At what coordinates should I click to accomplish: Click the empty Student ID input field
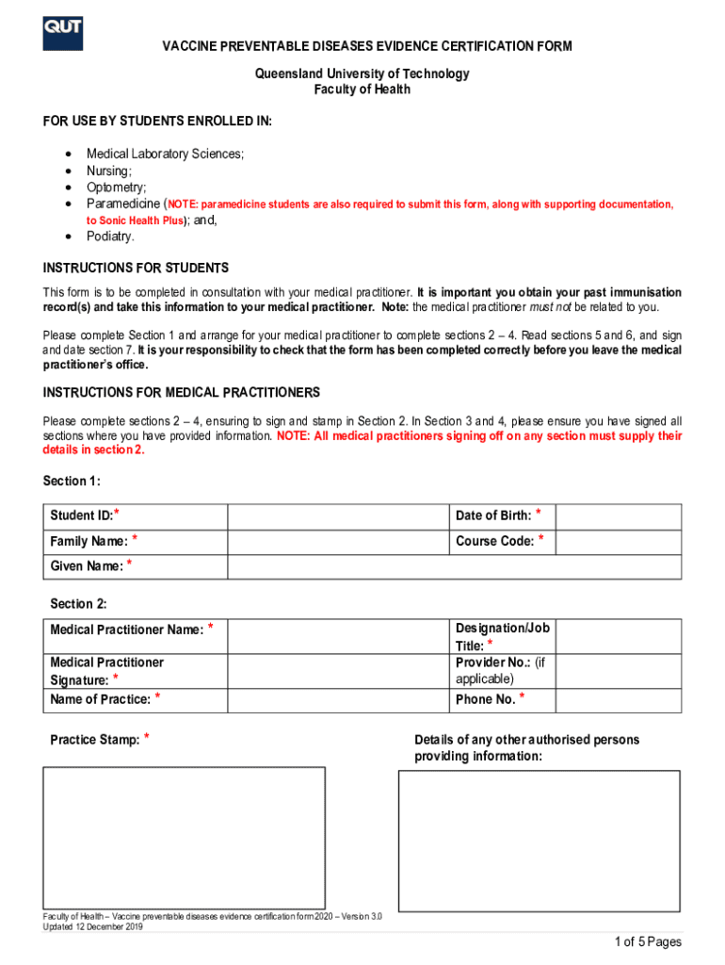click(338, 516)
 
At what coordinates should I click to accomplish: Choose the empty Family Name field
click(338, 542)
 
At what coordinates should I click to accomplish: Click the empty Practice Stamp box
click(184, 838)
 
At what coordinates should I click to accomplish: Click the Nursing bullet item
click(108, 171)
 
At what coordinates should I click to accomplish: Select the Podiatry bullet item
click(110, 237)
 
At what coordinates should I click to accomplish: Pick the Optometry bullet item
click(116, 188)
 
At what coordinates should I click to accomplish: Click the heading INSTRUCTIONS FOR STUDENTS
click(136, 269)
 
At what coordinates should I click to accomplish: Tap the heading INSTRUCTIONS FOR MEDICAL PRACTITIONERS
click(181, 392)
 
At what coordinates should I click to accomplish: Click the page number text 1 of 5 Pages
click(647, 942)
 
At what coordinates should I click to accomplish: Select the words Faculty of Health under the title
click(362, 90)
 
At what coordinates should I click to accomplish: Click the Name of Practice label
click(100, 699)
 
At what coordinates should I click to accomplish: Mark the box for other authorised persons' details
click(539, 840)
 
